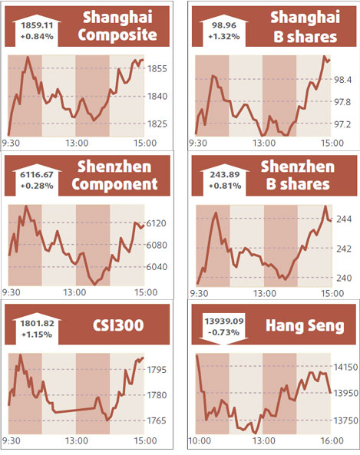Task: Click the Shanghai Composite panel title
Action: [x=118, y=25]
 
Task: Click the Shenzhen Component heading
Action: [x=117, y=175]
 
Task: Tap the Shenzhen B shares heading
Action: [x=298, y=175]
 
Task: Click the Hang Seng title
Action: [x=304, y=325]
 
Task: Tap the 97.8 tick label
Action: [x=341, y=102]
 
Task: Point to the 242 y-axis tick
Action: [x=343, y=249]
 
